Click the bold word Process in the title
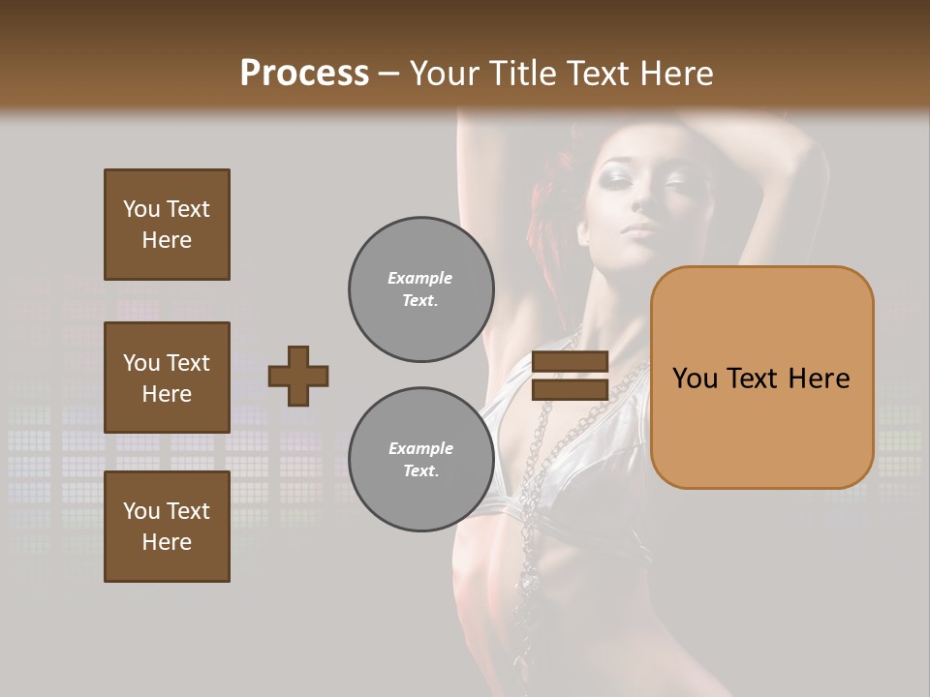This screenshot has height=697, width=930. (304, 73)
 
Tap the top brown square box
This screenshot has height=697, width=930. (167, 225)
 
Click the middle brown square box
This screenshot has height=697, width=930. (167, 378)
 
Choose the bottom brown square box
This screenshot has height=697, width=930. (167, 527)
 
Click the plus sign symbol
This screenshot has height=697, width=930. (298, 376)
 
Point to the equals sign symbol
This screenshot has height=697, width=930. (570, 376)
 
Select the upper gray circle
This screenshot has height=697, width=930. (421, 289)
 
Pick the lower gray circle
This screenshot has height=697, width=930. (421, 460)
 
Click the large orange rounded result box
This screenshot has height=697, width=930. (761, 377)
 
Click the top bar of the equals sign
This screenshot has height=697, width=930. (570, 362)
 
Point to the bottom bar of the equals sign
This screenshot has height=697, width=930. (570, 389)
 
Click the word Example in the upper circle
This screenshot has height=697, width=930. (420, 278)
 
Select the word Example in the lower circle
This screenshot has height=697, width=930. (420, 448)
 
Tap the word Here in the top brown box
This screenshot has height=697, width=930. (167, 240)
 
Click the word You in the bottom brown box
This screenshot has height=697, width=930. (141, 511)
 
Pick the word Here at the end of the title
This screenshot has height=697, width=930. (678, 73)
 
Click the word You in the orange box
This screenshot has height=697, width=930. (695, 379)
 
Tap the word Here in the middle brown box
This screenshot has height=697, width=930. (167, 394)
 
